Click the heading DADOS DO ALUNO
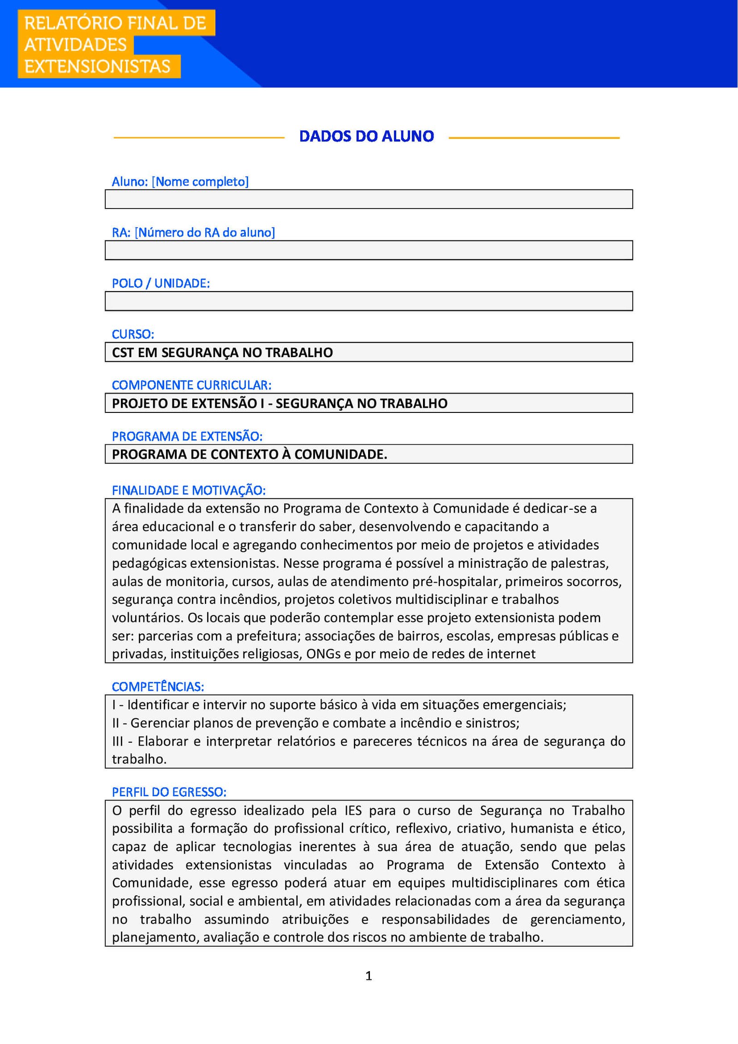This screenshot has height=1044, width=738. (x=366, y=136)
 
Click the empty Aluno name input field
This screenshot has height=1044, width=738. (x=369, y=199)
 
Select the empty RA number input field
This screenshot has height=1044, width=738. (x=369, y=250)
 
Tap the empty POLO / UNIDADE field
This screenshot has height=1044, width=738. (x=369, y=301)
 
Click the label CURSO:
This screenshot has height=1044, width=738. (x=133, y=334)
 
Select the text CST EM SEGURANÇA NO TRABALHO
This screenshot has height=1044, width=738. (x=222, y=352)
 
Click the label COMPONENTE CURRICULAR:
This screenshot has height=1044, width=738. (x=191, y=385)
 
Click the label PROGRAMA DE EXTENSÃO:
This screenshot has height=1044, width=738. (x=187, y=436)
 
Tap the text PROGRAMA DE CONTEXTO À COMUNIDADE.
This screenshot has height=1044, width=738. (x=249, y=454)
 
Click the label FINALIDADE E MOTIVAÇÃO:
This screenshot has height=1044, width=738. (x=189, y=490)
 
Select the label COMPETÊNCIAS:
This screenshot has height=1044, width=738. (x=158, y=686)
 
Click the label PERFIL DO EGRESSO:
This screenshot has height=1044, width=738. (x=169, y=792)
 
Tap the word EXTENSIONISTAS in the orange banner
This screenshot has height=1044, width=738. (x=97, y=66)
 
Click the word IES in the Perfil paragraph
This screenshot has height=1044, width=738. (x=353, y=811)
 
